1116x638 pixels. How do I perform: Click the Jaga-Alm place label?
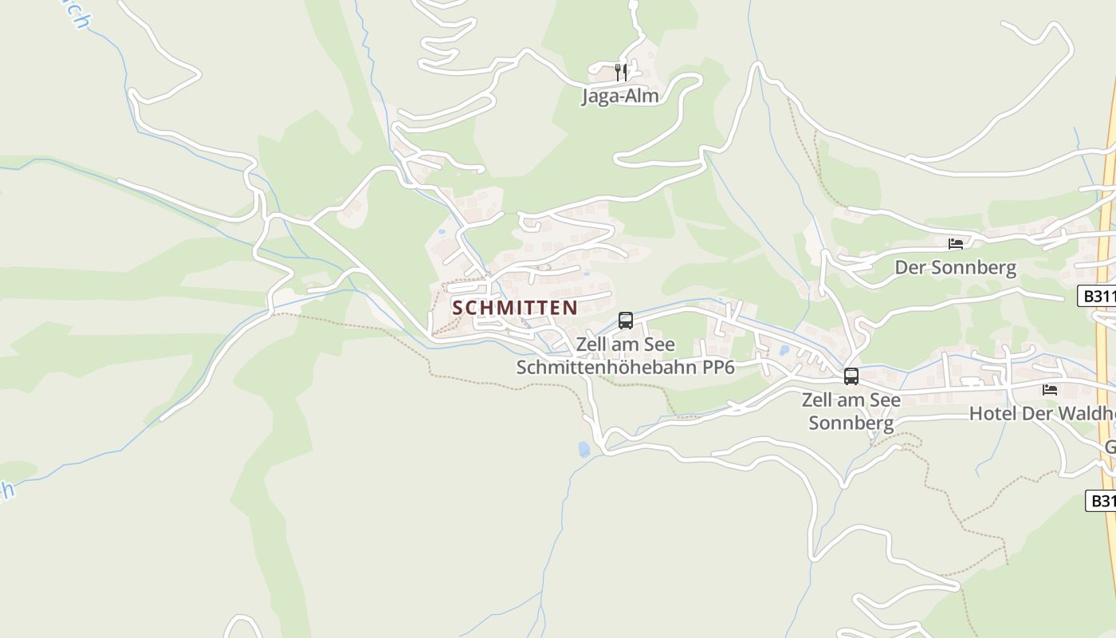(x=620, y=96)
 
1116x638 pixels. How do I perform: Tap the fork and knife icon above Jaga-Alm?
(x=621, y=73)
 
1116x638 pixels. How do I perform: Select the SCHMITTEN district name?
(x=515, y=308)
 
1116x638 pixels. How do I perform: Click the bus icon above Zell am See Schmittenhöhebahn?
(x=626, y=321)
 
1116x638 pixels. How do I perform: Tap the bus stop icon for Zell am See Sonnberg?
(x=851, y=376)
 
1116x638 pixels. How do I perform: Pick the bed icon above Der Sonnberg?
(x=956, y=244)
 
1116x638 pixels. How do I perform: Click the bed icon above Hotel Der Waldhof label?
(x=1050, y=390)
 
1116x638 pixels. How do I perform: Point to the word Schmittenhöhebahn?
(x=610, y=367)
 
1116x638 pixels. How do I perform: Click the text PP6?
(x=719, y=367)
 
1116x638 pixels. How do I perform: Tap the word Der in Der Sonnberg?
(x=910, y=268)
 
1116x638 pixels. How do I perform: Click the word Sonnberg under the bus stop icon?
(x=851, y=423)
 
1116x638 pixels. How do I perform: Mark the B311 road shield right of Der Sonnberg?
(x=1098, y=296)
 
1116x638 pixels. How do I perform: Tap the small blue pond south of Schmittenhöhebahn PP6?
(x=584, y=449)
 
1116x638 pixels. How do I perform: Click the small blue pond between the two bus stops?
(x=784, y=349)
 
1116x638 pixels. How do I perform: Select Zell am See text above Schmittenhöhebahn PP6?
(x=625, y=345)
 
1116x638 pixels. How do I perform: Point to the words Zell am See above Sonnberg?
(x=851, y=400)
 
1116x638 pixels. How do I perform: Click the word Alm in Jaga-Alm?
(x=643, y=96)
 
